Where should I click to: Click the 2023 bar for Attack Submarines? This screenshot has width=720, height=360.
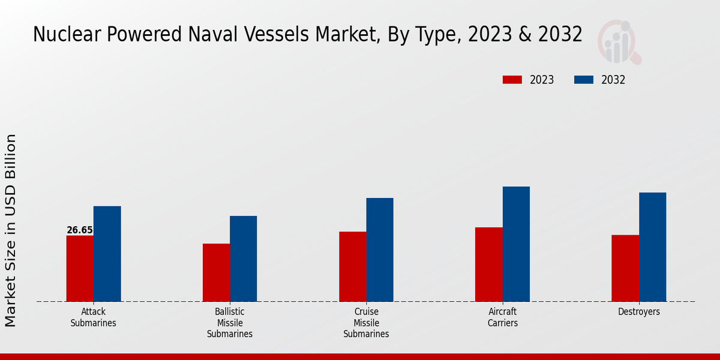pyautogui.click(x=80, y=268)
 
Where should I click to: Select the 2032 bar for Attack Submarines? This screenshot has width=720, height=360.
pyautogui.click(x=107, y=254)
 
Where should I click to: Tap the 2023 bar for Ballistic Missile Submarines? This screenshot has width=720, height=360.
pyautogui.click(x=216, y=272)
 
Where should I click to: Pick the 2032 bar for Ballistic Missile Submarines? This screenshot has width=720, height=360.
pyautogui.click(x=244, y=259)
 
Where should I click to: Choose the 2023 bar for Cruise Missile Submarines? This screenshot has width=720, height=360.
pyautogui.click(x=352, y=266)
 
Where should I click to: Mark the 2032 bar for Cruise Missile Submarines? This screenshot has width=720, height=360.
pyautogui.click(x=380, y=250)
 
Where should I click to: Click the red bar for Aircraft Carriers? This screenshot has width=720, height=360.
pyautogui.click(x=489, y=264)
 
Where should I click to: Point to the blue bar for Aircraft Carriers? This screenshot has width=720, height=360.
pyautogui.click(x=516, y=244)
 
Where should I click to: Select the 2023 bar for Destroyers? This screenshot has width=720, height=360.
pyautogui.click(x=625, y=268)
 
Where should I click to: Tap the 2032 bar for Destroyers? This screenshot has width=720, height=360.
pyautogui.click(x=652, y=247)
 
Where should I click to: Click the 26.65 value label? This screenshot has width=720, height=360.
pyautogui.click(x=80, y=230)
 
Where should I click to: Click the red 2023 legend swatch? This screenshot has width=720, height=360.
pyautogui.click(x=512, y=80)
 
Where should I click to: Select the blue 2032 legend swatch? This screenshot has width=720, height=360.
pyautogui.click(x=584, y=80)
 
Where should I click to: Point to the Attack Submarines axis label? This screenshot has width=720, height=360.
pyautogui.click(x=93, y=317)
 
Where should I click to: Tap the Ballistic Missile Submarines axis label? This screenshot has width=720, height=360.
pyautogui.click(x=230, y=323)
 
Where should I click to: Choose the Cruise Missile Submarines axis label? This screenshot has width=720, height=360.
pyautogui.click(x=366, y=323)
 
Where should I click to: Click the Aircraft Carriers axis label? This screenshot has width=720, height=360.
pyautogui.click(x=503, y=317)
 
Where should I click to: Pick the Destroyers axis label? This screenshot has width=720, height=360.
pyautogui.click(x=639, y=312)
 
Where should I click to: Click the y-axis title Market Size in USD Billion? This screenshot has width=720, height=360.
pyautogui.click(x=11, y=230)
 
